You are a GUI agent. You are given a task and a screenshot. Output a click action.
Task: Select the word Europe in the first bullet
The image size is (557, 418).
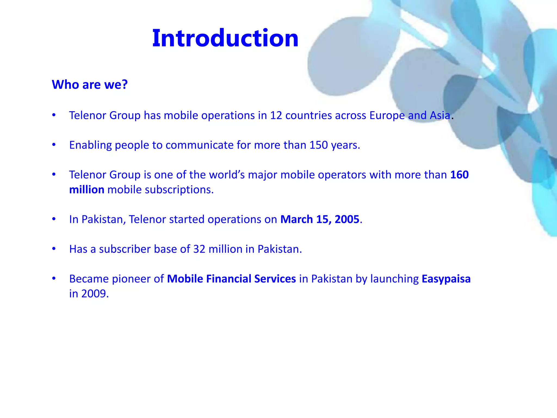(387, 115)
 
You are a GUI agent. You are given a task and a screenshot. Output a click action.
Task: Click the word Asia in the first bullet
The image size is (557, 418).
(440, 115)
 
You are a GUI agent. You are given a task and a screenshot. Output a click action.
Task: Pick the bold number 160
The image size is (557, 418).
(459, 175)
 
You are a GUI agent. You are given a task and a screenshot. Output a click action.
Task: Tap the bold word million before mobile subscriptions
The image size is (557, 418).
(87, 190)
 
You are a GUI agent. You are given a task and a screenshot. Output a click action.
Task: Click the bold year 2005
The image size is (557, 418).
(347, 219)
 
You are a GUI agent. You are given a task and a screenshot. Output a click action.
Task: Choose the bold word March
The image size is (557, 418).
(296, 219)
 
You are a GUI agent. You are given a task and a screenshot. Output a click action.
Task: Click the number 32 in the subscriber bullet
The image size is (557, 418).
(199, 249)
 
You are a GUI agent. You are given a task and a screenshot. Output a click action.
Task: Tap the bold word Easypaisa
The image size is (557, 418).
(446, 279)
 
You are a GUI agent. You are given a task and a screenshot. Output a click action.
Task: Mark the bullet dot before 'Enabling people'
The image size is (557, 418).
(54, 145)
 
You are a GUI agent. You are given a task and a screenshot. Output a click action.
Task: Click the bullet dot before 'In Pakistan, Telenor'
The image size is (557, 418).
(54, 219)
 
